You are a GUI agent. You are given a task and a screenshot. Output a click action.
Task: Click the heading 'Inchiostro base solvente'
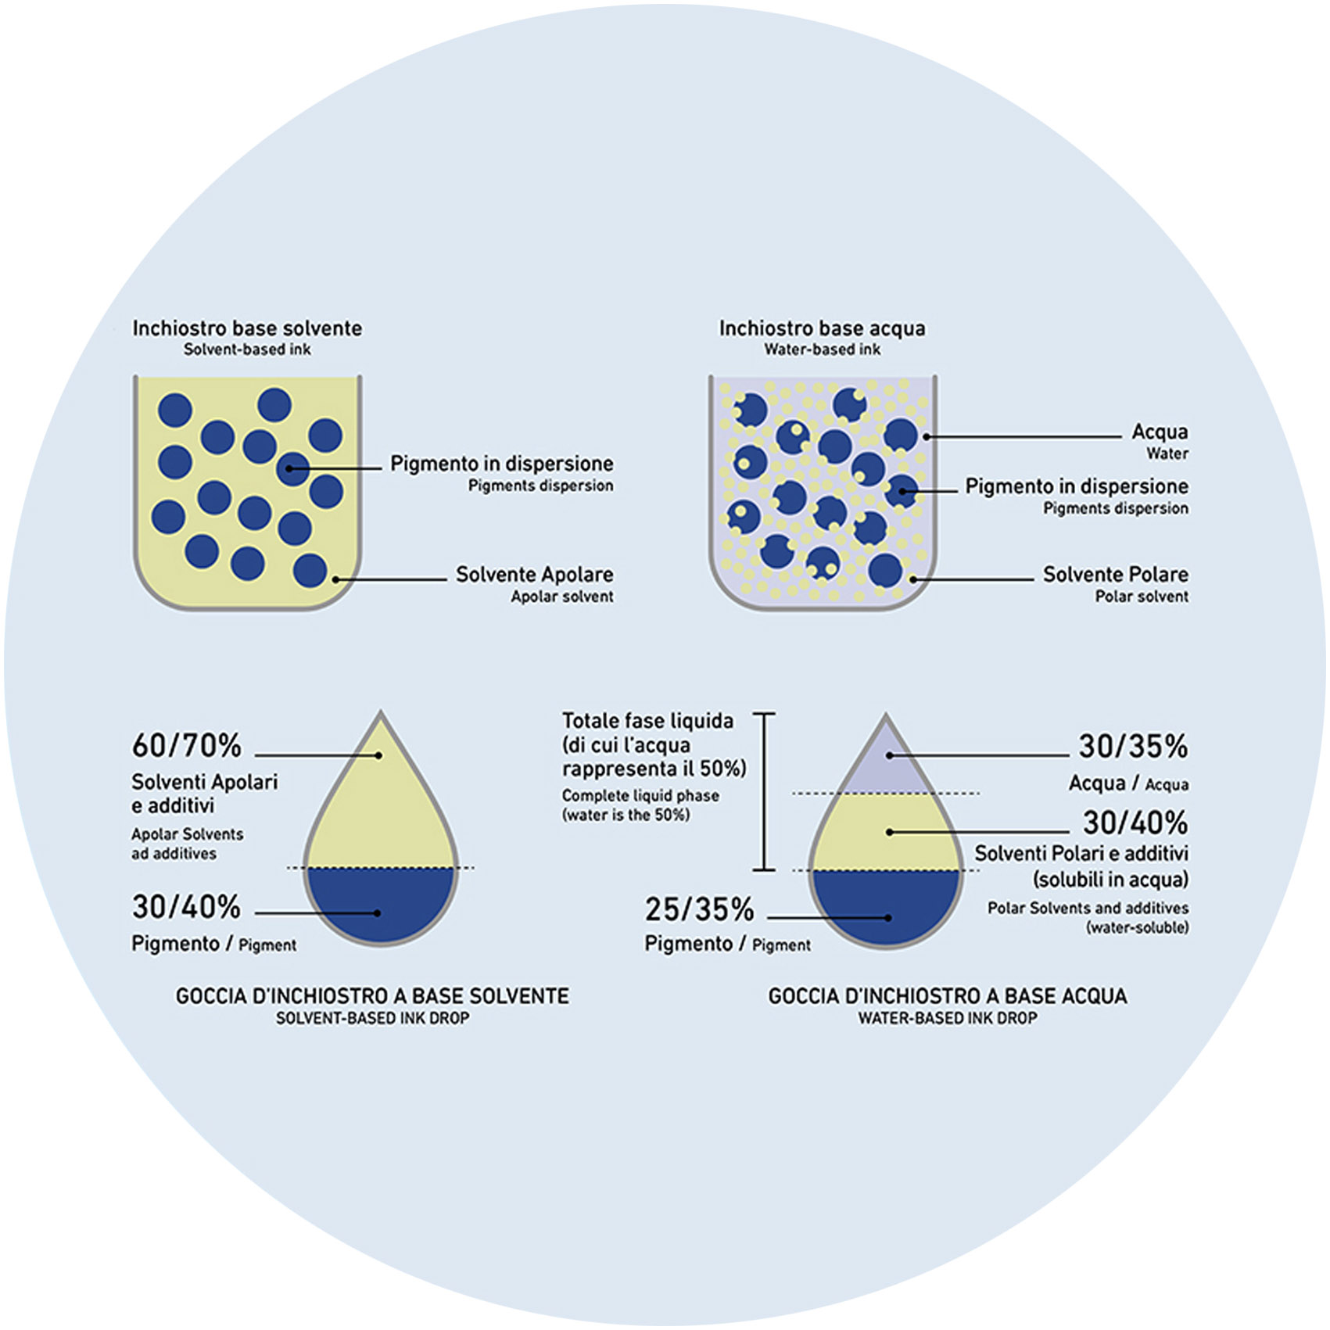coord(247,328)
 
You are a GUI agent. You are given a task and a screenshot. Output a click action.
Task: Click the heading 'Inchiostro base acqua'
coord(822,328)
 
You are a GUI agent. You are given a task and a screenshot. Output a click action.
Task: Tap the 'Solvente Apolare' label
coord(534,575)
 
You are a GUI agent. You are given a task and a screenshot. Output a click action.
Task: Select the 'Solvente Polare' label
coord(1115,575)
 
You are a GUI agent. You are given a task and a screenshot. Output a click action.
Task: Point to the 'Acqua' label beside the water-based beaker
coord(1160,432)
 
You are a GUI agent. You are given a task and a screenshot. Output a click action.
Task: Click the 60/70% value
coord(187,747)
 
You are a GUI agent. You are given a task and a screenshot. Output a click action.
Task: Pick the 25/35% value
coord(699,910)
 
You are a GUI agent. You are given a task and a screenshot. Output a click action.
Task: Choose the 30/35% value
coord(1133,747)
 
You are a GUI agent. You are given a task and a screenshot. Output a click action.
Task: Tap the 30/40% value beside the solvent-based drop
coord(187,908)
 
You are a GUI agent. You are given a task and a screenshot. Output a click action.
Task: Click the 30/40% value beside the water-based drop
coord(1135,823)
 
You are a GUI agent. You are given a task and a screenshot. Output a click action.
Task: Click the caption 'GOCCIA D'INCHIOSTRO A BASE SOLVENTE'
coord(372,996)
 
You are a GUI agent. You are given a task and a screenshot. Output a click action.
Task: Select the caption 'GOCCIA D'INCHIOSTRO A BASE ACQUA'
coord(948,996)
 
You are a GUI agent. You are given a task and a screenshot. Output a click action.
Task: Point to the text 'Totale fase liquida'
coord(648,721)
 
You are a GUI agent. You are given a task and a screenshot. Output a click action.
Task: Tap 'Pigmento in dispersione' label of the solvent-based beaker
coord(501,464)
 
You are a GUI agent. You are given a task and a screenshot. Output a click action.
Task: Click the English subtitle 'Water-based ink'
coord(822,350)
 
